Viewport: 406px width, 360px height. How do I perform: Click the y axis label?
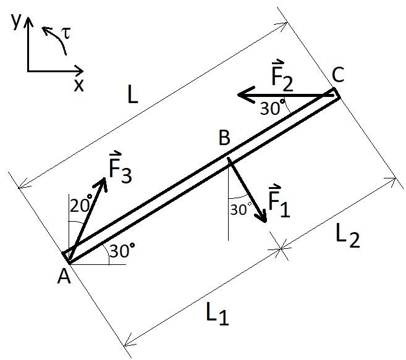[16, 21]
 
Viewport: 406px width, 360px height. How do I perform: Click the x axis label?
[78, 85]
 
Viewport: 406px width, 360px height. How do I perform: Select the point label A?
[62, 278]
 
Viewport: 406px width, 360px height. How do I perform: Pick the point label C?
[337, 75]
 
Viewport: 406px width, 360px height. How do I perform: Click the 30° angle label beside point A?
[121, 250]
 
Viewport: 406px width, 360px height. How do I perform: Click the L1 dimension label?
[216, 316]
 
